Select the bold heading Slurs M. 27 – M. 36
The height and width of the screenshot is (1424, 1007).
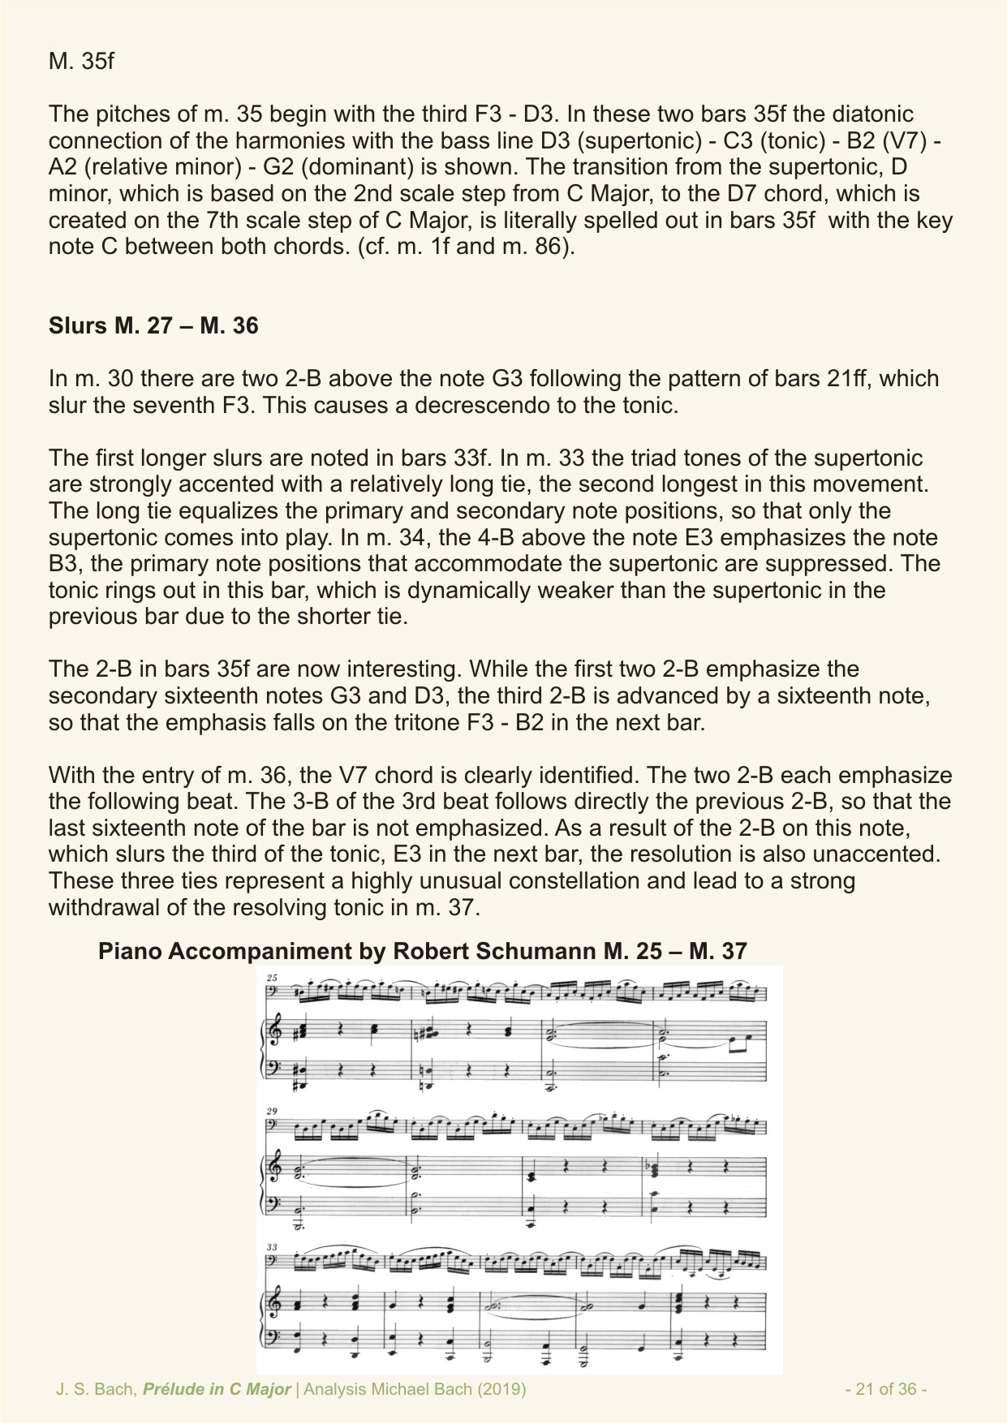pyautogui.click(x=153, y=325)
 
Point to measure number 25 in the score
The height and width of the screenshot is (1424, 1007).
pyautogui.click(x=272, y=978)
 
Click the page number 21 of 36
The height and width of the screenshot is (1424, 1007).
pyautogui.click(x=886, y=1389)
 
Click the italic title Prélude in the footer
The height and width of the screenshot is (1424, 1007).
pyautogui.click(x=173, y=1389)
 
